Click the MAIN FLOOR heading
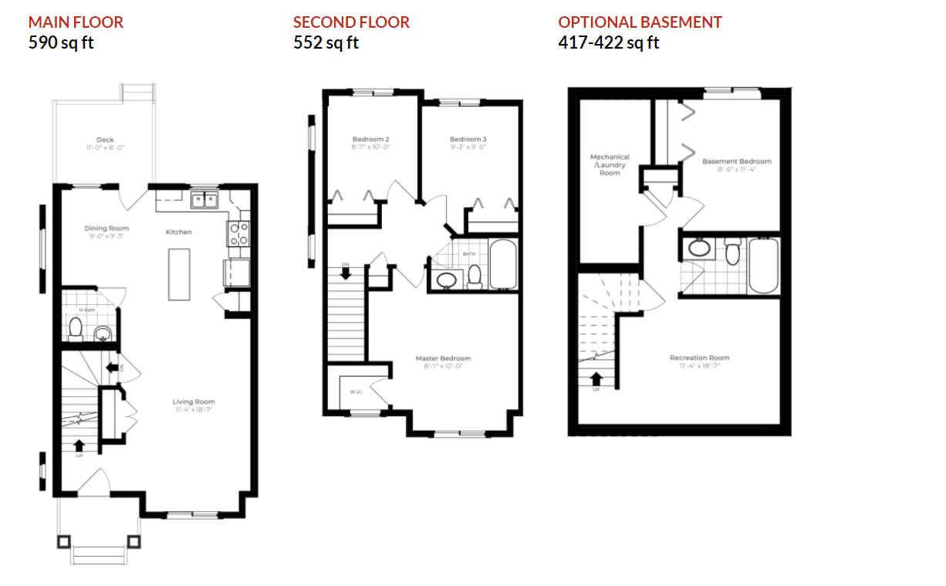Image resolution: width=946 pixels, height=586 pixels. pos(76,22)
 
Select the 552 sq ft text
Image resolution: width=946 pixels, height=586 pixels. pos(326,42)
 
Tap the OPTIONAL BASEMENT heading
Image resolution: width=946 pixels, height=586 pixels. pos(640,22)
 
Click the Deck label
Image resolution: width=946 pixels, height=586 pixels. pos(105,141)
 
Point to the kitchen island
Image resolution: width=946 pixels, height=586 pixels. pos(179,273)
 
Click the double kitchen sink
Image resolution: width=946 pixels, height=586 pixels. pos(204,201)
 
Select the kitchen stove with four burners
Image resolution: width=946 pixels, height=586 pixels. pos(238,232)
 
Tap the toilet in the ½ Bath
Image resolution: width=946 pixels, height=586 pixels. pos(76,330)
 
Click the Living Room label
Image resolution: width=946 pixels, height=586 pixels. pos(194,401)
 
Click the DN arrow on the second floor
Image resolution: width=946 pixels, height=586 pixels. pos(345,271)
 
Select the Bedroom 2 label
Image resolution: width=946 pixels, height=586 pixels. pos(370,140)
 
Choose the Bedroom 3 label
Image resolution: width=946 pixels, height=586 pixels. pos(468,140)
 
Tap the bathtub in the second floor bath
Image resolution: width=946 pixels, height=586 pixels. pos(505,265)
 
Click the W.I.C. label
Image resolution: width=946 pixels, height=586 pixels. pos(356,391)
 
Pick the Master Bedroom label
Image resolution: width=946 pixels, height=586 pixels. pos(443,358)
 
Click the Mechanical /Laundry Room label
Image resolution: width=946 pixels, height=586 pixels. pos(610,164)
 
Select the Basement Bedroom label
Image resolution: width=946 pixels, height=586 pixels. pos(736,161)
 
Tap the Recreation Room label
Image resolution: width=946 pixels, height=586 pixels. pos(699,357)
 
